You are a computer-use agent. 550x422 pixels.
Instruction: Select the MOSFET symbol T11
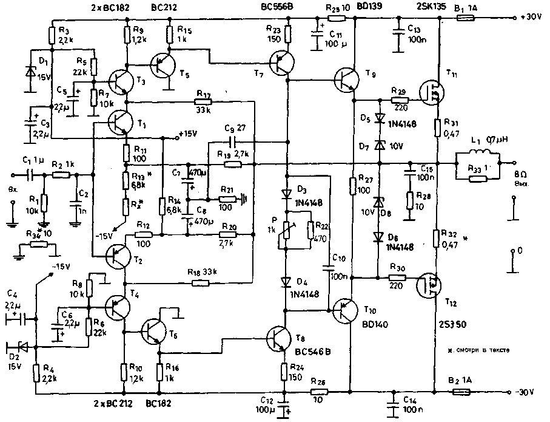pos(434,92)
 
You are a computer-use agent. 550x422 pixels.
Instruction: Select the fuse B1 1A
pos(465,18)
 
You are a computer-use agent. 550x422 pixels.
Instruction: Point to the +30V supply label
pos(531,18)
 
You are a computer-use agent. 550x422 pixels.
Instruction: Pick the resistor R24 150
pos(283,368)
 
